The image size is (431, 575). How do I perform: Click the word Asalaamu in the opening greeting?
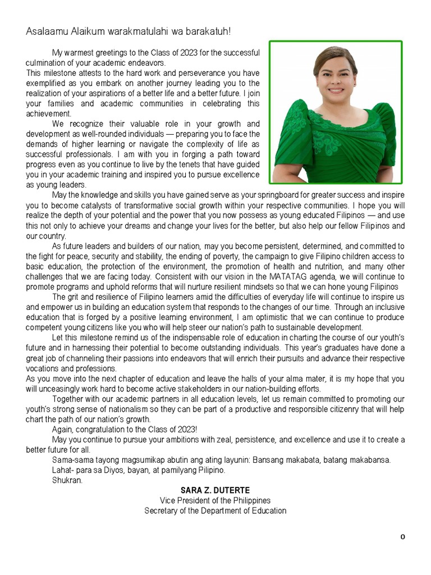point(44,31)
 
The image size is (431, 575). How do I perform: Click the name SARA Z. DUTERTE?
point(215,490)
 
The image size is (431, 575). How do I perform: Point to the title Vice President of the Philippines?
point(215,500)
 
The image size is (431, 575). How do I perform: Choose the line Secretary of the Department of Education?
point(215,510)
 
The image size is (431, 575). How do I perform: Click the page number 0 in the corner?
point(402,537)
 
